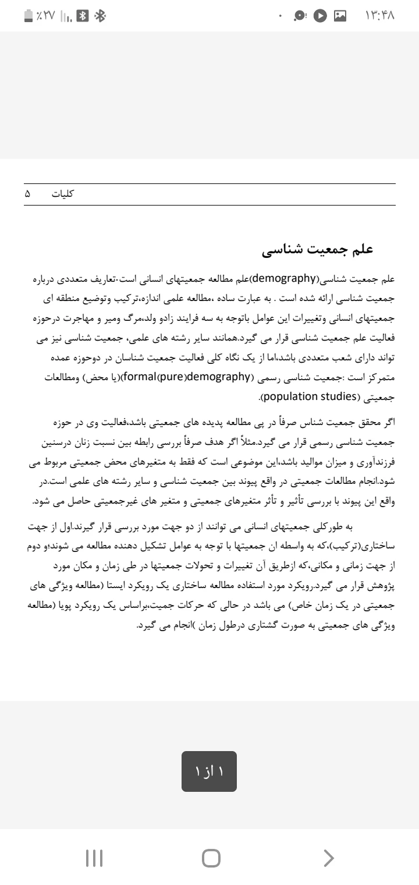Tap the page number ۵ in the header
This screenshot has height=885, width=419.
click(27, 194)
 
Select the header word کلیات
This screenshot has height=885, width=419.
click(63, 194)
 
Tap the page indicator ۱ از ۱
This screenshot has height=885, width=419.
click(209, 771)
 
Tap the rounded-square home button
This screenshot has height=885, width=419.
click(211, 857)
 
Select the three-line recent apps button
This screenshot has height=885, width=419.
click(94, 857)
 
